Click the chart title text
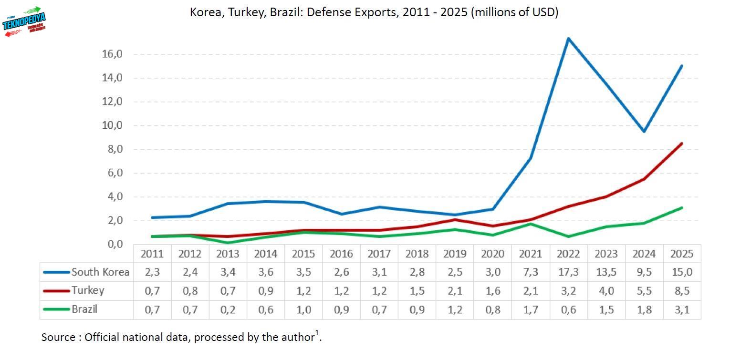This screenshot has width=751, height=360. click(x=374, y=12)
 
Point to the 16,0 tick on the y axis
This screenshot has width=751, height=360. click(x=112, y=54)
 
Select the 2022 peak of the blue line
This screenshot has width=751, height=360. click(x=568, y=39)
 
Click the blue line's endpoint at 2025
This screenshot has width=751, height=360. click(x=681, y=66)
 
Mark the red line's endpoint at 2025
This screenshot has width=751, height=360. click(x=681, y=144)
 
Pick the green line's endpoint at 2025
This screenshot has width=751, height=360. click(x=681, y=208)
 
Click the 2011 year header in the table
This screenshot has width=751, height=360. click(x=152, y=254)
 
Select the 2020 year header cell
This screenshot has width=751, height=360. click(x=492, y=254)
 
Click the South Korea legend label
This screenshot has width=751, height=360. click(x=100, y=272)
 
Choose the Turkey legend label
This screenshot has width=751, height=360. click(x=88, y=290)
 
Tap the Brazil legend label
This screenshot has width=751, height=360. click(x=84, y=309)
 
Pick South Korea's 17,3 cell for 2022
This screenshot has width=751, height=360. click(x=568, y=272)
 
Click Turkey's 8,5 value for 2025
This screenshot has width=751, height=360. click(x=681, y=291)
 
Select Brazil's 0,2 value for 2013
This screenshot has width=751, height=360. click(x=228, y=309)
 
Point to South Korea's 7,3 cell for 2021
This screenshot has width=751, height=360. click(x=530, y=272)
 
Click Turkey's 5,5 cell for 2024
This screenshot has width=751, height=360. click(x=644, y=291)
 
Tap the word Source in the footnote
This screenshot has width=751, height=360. click(x=58, y=338)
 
